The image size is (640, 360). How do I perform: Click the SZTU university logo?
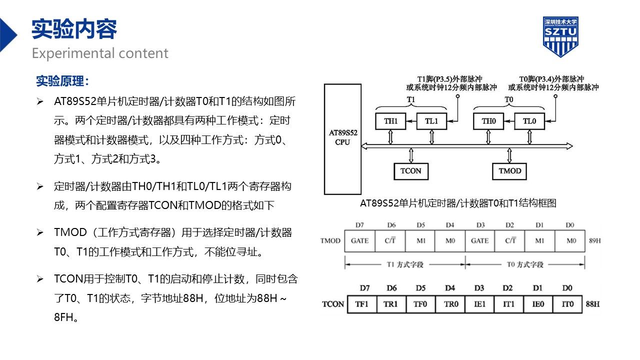(x=560, y=37)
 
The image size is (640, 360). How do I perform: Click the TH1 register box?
(x=390, y=121)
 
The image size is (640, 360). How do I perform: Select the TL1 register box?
(x=431, y=121)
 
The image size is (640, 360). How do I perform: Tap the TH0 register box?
(x=488, y=121)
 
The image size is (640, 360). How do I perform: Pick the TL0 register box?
(x=529, y=121)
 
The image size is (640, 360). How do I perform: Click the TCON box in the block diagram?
(x=411, y=171)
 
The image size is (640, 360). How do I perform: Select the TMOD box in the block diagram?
(x=509, y=171)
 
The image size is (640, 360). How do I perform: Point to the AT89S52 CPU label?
(x=343, y=137)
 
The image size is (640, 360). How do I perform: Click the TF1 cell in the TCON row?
(x=362, y=304)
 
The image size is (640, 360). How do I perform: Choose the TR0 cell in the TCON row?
(x=450, y=304)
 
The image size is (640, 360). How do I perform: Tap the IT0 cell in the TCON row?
(x=567, y=304)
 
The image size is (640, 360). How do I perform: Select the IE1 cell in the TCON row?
(x=480, y=304)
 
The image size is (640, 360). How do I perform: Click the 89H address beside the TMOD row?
(x=594, y=241)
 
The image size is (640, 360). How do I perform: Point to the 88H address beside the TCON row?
(x=592, y=304)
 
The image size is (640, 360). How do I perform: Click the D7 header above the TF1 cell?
(x=364, y=288)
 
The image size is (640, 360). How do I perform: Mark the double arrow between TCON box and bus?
(x=411, y=155)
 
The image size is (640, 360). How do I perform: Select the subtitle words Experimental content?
(x=100, y=53)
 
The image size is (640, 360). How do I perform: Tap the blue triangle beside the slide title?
(x=8, y=35)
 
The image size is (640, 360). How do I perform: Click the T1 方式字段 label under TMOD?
(x=405, y=264)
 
